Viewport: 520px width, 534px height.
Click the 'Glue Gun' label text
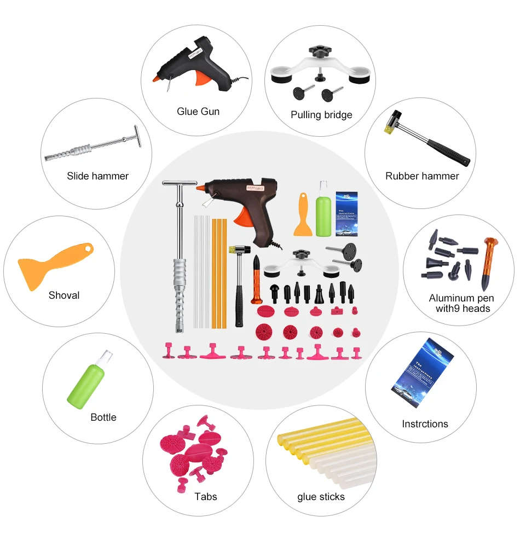point(198,112)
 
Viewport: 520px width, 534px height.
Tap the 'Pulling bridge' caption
point(321,115)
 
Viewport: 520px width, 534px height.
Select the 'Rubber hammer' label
point(422,176)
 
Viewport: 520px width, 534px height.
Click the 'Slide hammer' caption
point(97,176)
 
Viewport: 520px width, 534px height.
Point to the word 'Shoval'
point(64,295)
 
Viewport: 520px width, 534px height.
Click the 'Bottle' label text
point(103,417)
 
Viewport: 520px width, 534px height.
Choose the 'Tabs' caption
point(206,497)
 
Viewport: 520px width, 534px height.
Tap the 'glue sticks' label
point(321,497)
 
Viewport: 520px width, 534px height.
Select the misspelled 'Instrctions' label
point(425,424)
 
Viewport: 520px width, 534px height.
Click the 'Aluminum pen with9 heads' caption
point(461,303)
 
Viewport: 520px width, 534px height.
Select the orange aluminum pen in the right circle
point(487,263)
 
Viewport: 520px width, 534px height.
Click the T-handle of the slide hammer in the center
point(180,186)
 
